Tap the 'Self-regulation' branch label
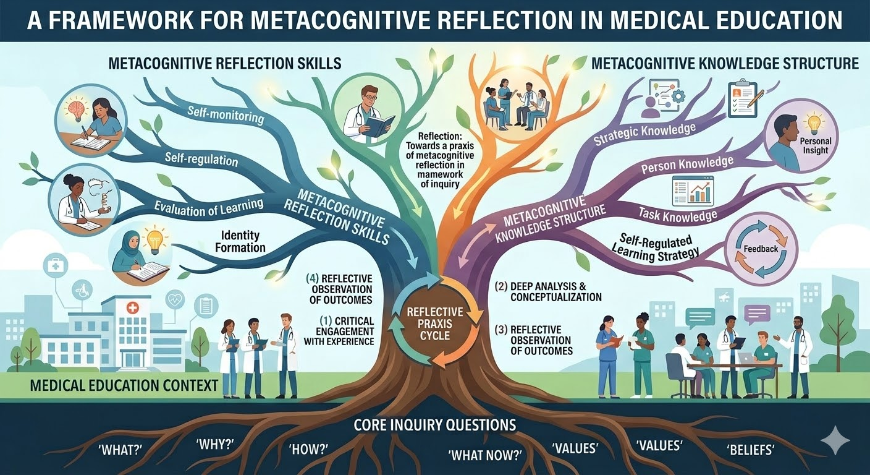click(201, 160)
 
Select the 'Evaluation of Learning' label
click(209, 208)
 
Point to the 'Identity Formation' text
click(240, 241)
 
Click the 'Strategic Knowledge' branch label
click(644, 134)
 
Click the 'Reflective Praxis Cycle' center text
click(435, 323)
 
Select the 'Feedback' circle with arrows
click(761, 249)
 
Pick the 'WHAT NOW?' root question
click(484, 455)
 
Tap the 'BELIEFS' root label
click(750, 450)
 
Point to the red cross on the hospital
click(132, 309)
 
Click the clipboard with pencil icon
click(744, 99)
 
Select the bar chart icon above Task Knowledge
click(693, 191)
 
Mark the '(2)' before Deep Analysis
click(501, 286)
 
